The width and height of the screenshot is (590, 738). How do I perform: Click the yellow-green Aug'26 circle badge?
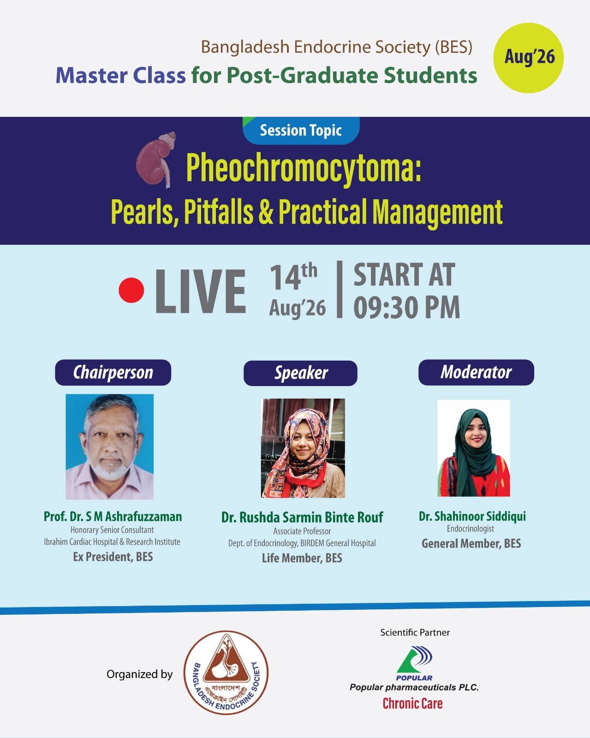tap(528, 58)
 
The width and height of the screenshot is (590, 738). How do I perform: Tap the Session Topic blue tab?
tap(301, 131)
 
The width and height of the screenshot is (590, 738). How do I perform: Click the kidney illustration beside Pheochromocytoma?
tap(156, 160)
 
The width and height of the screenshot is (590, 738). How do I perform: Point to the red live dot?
tap(131, 290)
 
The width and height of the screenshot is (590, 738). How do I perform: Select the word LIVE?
tap(201, 291)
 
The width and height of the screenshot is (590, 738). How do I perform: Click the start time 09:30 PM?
tap(406, 308)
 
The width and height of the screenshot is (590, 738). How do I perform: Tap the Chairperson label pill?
tap(113, 372)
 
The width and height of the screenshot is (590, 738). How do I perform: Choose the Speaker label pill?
tap(300, 373)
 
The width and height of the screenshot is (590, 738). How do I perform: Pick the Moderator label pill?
tap(476, 372)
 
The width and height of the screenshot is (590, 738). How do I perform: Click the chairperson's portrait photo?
tap(109, 446)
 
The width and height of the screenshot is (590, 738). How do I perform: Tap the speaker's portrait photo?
tap(303, 448)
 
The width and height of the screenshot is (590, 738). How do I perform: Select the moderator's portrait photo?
tap(473, 448)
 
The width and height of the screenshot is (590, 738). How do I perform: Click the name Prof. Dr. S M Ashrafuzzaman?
tap(113, 517)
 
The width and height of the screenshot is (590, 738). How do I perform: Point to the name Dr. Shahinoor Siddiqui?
tap(472, 516)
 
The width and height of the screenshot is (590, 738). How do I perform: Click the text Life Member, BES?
tap(302, 558)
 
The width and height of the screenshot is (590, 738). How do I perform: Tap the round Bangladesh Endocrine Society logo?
tap(226, 673)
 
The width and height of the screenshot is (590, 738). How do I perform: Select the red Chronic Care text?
tap(413, 703)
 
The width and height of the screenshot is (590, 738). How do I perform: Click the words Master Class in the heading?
tap(120, 75)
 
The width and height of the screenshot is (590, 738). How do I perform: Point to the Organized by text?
tap(140, 674)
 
